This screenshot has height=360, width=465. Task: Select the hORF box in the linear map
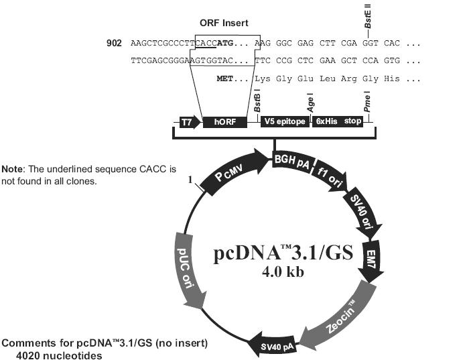click(223, 123)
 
